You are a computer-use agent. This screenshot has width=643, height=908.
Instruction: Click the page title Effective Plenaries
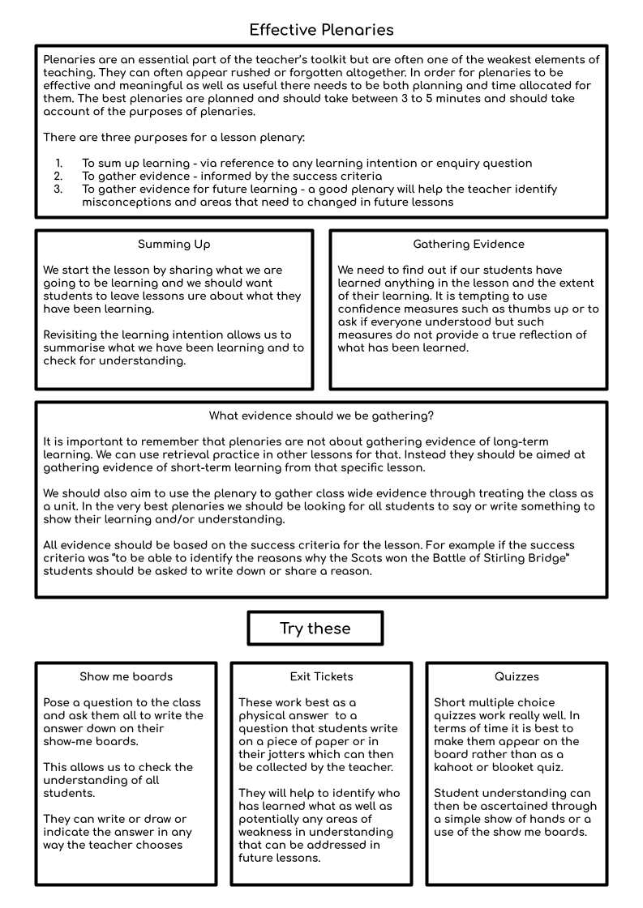321,30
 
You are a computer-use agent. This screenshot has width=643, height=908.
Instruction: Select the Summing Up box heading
174,244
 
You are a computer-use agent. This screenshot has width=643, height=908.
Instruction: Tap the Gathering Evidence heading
469,244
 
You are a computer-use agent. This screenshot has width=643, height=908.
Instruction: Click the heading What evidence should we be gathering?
321,416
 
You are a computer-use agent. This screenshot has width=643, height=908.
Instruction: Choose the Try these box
315,629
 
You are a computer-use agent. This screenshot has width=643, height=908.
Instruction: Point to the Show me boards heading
126,676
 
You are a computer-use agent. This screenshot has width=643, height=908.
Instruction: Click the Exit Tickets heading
321,676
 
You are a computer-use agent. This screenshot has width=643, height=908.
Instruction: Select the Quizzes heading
517,676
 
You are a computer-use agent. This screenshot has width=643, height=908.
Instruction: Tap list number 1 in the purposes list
58,164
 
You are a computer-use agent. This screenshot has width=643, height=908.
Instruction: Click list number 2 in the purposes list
58,177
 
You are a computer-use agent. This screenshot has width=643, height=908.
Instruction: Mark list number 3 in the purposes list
58,190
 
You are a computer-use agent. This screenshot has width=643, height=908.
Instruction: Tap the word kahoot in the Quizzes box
457,768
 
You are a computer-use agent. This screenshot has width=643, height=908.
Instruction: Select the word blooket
520,768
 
